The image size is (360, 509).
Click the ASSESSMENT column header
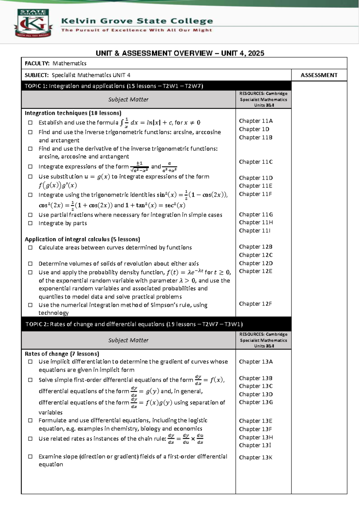(x=319, y=75)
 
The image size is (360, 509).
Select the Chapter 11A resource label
(x=256, y=121)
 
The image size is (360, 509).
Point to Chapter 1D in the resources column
(x=254, y=129)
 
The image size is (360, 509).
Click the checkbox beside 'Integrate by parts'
(x=30, y=223)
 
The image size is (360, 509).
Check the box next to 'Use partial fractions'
(x=30, y=215)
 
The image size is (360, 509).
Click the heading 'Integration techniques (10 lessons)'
(x=73, y=113)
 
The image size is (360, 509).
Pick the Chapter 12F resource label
(x=255, y=304)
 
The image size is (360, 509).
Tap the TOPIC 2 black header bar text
(x=134, y=324)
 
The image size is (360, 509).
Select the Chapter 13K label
(x=256, y=457)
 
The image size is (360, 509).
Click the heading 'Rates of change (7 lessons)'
(x=62, y=354)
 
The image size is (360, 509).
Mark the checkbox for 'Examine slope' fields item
(x=30, y=456)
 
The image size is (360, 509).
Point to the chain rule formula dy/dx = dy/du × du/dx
(x=186, y=438)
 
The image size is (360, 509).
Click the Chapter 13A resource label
(x=256, y=362)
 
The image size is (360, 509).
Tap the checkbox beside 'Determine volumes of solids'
(x=30, y=264)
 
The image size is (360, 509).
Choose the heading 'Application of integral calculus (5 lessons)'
(x=82, y=239)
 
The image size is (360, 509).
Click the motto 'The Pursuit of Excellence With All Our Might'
(x=136, y=30)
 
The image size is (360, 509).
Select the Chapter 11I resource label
(x=255, y=230)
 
